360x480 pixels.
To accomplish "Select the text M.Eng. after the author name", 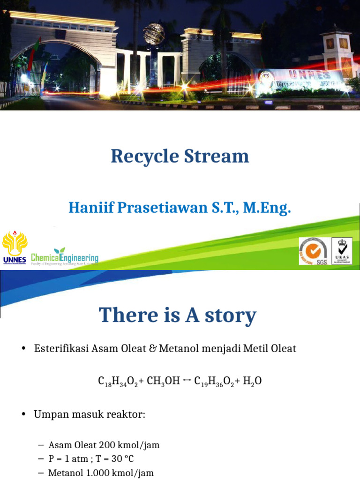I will (270, 207).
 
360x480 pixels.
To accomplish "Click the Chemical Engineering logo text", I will (65, 258).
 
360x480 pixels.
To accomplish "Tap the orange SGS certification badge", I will (313, 251).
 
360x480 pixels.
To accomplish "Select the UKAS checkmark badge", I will (342, 251).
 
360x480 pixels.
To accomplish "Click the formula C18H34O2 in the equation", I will (118, 382).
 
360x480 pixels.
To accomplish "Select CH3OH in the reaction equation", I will (163, 382).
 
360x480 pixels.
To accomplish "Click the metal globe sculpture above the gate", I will (154, 34).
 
